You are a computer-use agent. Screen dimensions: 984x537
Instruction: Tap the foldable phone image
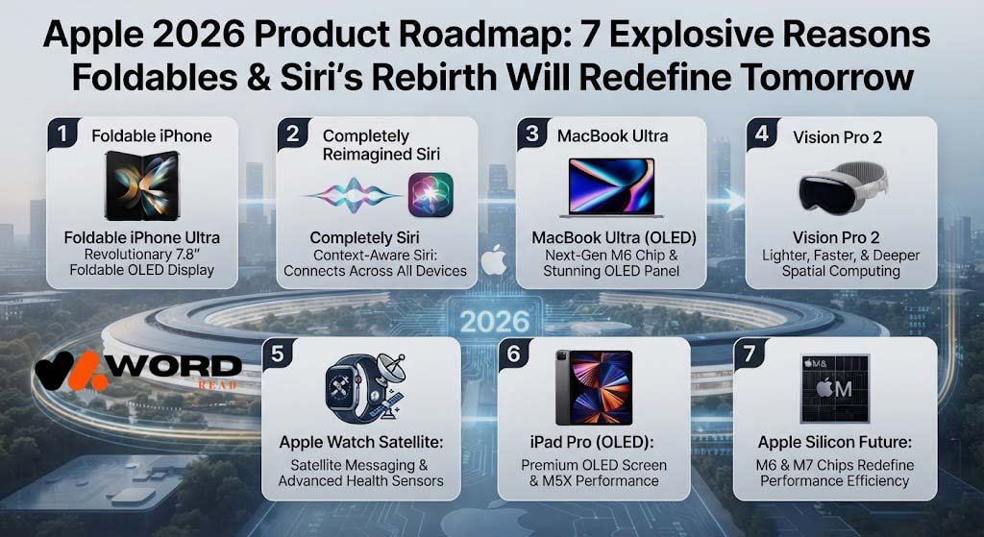(141, 185)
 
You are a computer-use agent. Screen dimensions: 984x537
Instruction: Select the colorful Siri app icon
(430, 195)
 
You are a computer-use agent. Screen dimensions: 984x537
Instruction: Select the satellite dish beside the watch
(390, 368)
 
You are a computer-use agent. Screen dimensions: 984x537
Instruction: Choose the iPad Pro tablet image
(594, 388)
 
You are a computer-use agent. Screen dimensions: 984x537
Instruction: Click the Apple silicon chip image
(835, 388)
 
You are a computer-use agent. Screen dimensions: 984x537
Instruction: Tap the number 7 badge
(749, 354)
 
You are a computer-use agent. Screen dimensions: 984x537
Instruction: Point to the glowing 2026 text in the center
(495, 322)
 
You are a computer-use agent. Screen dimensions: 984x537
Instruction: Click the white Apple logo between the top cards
(494, 260)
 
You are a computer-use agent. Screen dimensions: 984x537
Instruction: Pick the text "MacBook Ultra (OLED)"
(613, 238)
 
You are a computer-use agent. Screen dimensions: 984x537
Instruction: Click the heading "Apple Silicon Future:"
(835, 442)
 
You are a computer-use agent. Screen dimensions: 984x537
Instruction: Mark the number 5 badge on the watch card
(278, 354)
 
